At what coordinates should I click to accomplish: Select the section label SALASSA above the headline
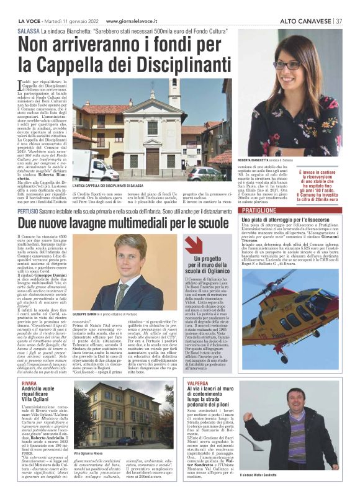(x=30, y=30)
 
